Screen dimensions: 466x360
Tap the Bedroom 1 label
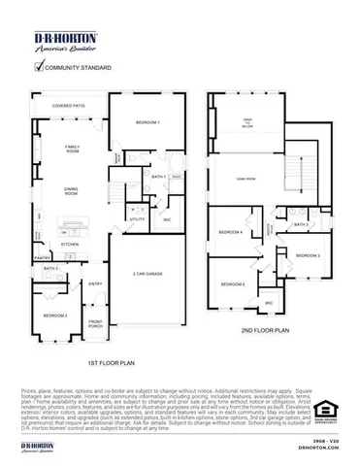[x=147, y=122]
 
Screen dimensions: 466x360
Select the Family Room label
[x=72, y=149]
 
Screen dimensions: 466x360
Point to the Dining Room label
[x=72, y=191]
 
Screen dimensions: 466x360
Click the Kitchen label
[x=70, y=244]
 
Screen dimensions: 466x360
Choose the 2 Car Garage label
[x=147, y=274]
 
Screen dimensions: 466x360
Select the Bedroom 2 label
[x=54, y=316]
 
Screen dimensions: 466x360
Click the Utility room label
[x=136, y=219]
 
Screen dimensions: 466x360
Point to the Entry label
[x=96, y=283]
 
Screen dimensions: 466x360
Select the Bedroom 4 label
[x=230, y=233]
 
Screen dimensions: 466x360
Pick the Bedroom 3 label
[x=308, y=254]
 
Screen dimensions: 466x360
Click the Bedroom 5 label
[x=232, y=283]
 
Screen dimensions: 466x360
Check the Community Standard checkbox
[x=40, y=68]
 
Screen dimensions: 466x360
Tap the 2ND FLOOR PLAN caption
[x=266, y=331]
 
